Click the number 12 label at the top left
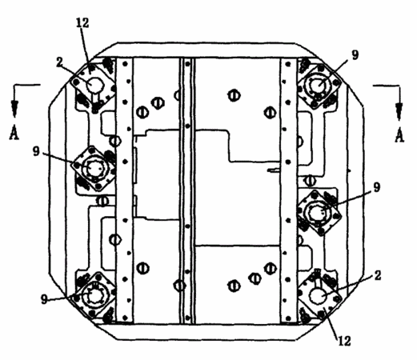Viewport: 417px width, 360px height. click(x=82, y=23)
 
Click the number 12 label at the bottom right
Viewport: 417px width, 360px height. click(x=344, y=341)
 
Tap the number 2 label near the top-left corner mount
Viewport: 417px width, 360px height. click(x=59, y=62)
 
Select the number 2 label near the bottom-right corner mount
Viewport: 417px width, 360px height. click(x=377, y=275)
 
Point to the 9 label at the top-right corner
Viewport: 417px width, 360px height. click(x=355, y=55)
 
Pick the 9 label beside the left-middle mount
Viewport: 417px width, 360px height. click(x=36, y=151)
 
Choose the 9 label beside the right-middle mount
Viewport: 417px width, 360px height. click(x=376, y=187)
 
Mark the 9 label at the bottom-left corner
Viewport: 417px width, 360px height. click(x=44, y=299)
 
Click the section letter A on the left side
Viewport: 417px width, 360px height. click(x=14, y=133)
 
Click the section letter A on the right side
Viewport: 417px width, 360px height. click(x=399, y=135)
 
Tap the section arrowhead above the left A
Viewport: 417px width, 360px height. click(x=15, y=109)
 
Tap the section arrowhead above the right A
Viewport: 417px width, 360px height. click(x=399, y=111)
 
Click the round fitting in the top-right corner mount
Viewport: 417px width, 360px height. click(x=319, y=86)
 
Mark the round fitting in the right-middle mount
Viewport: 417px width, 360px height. click(x=319, y=212)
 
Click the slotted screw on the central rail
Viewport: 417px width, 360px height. click(x=180, y=286)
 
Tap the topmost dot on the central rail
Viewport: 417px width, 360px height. click(x=187, y=64)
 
